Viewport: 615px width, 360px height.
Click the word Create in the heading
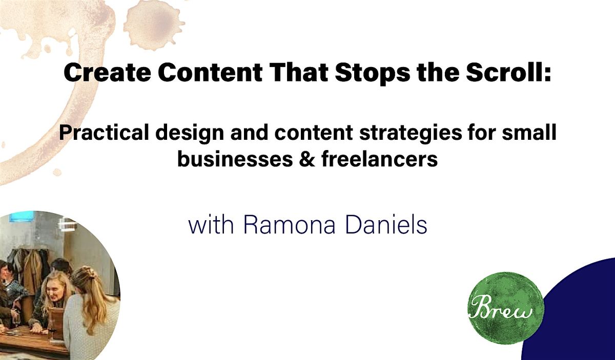point(107,73)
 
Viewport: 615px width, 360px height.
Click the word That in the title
point(298,73)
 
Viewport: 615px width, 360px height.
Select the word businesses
point(235,159)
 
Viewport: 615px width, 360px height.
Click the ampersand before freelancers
point(307,159)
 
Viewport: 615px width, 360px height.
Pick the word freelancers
point(380,159)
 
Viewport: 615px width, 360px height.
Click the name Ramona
point(289,225)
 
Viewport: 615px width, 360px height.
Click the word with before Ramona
point(211,225)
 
